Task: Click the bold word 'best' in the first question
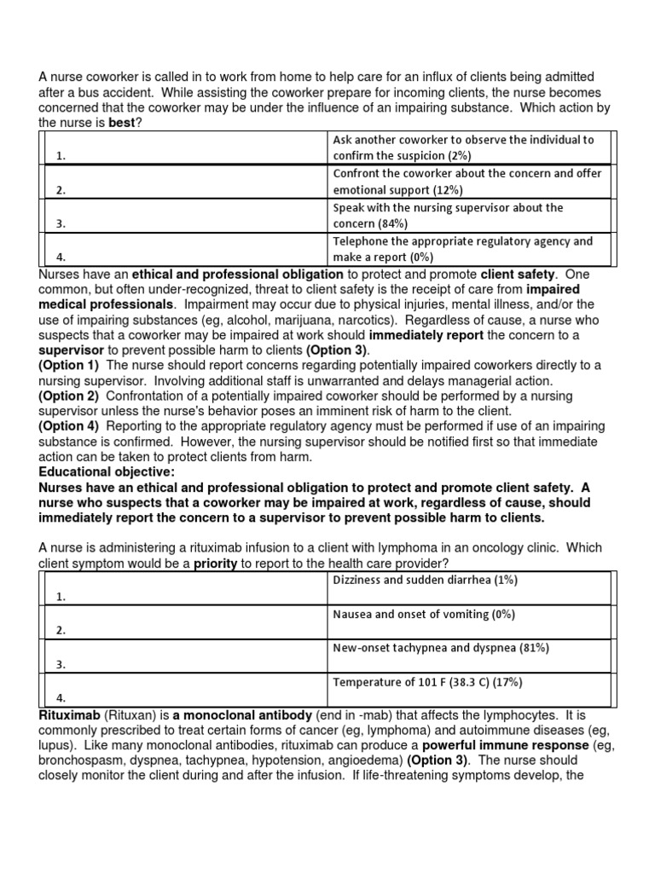[122, 124]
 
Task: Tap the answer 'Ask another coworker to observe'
[463, 140]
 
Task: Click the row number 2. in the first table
[61, 190]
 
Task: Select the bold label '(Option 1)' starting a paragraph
[69, 365]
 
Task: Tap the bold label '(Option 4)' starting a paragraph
[69, 426]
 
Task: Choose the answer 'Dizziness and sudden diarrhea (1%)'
[425, 581]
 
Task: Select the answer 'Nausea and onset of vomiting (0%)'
[424, 614]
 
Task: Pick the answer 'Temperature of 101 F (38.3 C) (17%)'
[427, 682]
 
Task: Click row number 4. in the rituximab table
[61, 697]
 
